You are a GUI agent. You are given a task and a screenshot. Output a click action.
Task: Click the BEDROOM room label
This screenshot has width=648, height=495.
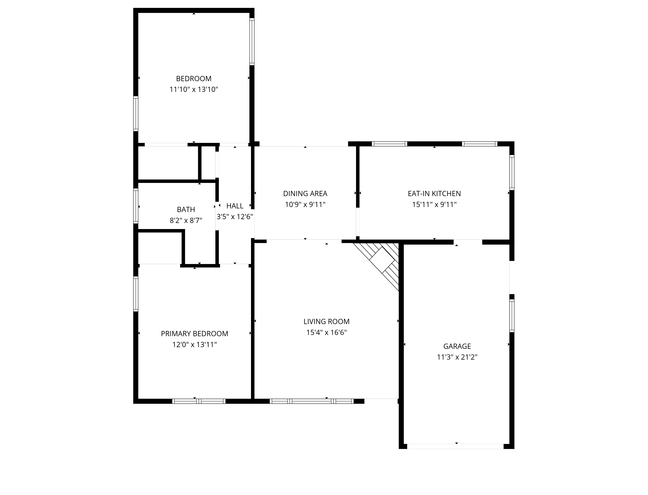coord(194,79)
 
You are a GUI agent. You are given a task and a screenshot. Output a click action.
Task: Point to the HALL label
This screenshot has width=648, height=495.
coord(235,206)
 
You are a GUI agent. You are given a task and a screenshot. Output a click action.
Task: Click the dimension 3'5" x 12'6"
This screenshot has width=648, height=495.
coord(235,217)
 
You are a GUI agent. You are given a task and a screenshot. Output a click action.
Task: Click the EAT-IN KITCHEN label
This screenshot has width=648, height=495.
coord(434,194)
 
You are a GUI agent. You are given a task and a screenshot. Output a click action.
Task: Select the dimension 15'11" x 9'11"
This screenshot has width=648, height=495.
coord(434,204)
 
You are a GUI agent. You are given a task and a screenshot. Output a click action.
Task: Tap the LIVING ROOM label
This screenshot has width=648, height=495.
coord(326,321)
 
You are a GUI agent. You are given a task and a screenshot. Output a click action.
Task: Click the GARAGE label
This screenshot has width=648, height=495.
coord(457,346)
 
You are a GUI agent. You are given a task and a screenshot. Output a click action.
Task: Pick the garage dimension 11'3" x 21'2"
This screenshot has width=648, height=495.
coord(457,357)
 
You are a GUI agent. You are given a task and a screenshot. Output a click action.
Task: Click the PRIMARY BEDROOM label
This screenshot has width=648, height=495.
coord(194,334)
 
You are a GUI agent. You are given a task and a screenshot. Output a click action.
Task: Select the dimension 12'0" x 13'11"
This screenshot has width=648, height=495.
coord(194,345)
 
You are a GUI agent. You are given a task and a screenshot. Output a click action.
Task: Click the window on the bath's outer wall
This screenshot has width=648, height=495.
coord(136,206)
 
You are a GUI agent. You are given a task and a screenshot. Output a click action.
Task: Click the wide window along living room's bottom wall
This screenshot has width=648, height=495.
coord(312,401)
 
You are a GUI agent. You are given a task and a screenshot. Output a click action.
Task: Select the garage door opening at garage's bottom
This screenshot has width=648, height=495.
coord(455,446)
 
